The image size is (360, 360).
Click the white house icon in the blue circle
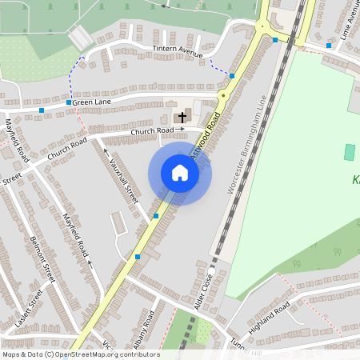(x=180, y=173)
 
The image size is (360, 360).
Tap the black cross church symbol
(x=182, y=117)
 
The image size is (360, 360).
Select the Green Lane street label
(x=92, y=102)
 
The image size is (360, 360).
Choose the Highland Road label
(x=270, y=312)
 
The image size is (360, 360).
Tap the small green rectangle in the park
(x=348, y=152)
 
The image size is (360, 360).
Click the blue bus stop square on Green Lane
(x=42, y=110)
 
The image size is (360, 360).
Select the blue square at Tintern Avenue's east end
(x=232, y=76)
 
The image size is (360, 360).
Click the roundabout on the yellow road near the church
(x=223, y=95)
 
